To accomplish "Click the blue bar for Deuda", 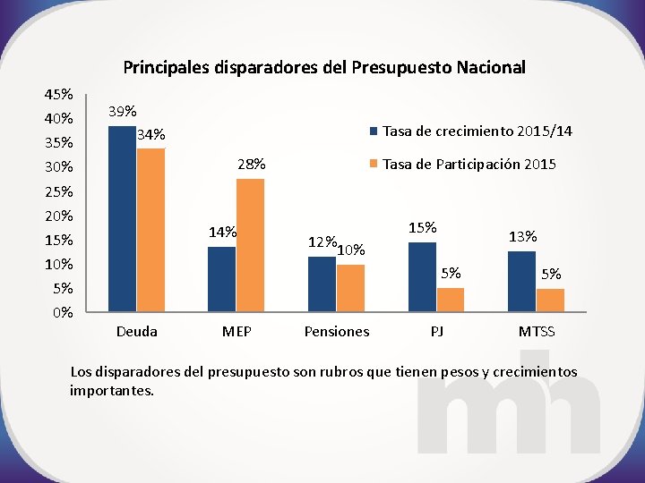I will (122, 219).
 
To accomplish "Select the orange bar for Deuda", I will (150, 230).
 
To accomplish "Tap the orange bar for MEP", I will (250, 245).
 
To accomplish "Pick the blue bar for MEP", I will (221, 279).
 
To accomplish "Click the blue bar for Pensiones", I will (322, 284).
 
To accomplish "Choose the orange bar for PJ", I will (451, 301).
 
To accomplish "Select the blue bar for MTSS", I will (521, 282).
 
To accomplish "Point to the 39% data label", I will (122, 112).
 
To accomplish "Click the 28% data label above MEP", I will (251, 164).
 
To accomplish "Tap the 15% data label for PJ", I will (422, 228).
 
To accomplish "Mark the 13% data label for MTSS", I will (522, 236).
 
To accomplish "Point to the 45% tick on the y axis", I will (59, 94).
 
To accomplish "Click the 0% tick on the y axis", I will (63, 313).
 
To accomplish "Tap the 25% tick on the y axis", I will (59, 191).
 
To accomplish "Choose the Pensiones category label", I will (337, 332).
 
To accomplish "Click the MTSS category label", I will (537, 332).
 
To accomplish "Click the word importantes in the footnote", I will (112, 390).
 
